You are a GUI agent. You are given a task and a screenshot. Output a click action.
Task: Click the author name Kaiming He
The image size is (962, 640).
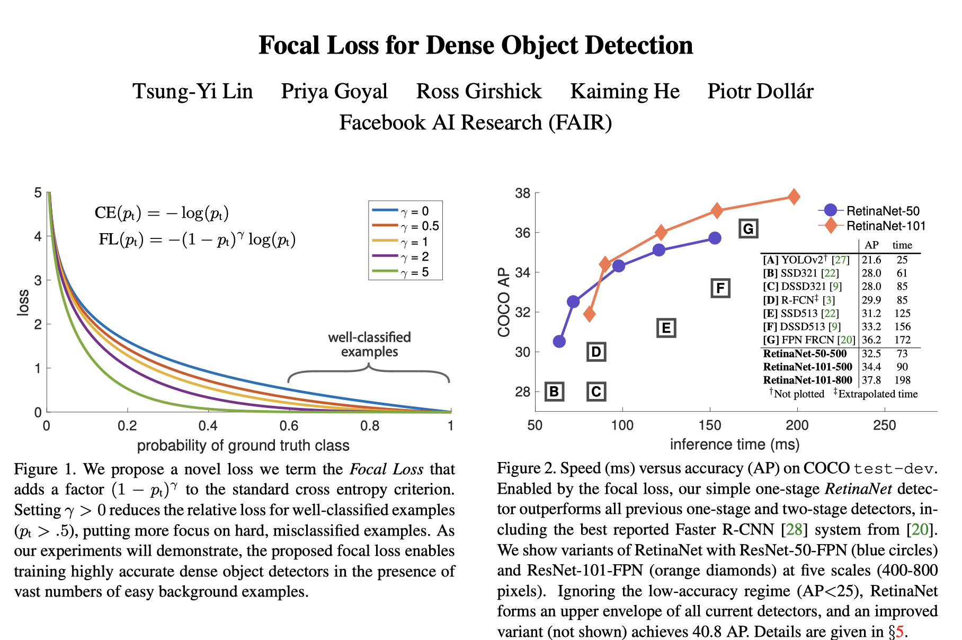pos(625,91)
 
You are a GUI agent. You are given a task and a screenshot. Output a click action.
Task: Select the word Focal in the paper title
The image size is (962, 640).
pos(290,46)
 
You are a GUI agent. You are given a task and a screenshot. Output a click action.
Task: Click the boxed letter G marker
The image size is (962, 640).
pos(748,229)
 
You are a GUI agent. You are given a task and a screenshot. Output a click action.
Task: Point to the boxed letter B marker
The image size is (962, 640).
pos(554,392)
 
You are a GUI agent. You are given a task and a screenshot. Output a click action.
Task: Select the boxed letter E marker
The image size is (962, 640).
pos(666,328)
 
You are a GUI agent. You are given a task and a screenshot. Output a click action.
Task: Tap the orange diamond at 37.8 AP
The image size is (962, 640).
pos(794,197)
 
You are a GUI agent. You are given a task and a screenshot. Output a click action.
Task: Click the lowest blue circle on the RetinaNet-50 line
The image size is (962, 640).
pos(559,342)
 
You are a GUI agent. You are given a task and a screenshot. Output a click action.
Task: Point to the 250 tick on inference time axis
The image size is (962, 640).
pos(884,425)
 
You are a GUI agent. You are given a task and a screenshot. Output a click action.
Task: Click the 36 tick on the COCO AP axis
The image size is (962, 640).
pos(523,233)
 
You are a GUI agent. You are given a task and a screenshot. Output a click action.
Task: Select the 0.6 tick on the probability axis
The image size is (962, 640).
pos(289,426)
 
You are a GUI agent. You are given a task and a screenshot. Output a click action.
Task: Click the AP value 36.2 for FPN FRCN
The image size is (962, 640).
pos(871,340)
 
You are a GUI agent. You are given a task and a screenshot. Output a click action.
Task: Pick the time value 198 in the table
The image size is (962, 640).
pos(902,380)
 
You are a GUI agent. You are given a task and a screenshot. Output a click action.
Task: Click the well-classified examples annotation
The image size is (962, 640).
pos(369,344)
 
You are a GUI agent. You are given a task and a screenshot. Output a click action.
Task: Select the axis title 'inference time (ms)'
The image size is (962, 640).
pos(734,445)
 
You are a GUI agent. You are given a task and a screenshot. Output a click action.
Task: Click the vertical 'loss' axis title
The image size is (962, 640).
pos(23,303)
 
